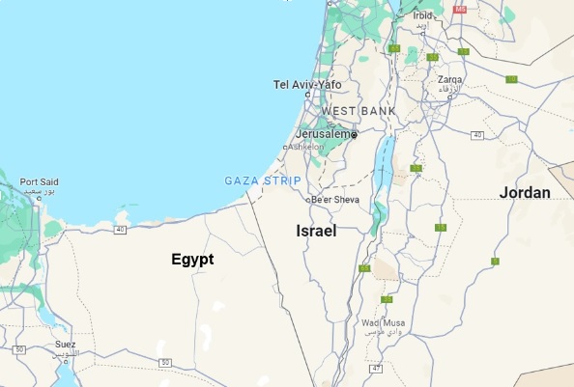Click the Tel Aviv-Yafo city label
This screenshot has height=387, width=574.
(x=308, y=84)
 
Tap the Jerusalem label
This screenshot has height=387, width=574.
(x=324, y=133)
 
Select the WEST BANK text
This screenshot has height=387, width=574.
(x=358, y=111)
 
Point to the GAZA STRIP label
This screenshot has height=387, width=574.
(x=262, y=180)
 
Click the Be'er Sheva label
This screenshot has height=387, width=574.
(x=336, y=200)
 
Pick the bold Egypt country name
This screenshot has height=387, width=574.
(x=192, y=259)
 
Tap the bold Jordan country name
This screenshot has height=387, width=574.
(x=525, y=193)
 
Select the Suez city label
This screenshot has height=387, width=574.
(x=66, y=345)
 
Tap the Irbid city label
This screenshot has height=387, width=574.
(x=423, y=15)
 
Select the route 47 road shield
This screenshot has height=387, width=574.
(x=377, y=369)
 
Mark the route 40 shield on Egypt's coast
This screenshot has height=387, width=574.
(x=120, y=229)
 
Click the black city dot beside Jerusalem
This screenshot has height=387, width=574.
(x=354, y=135)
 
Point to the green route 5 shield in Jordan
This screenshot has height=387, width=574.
(x=495, y=261)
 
